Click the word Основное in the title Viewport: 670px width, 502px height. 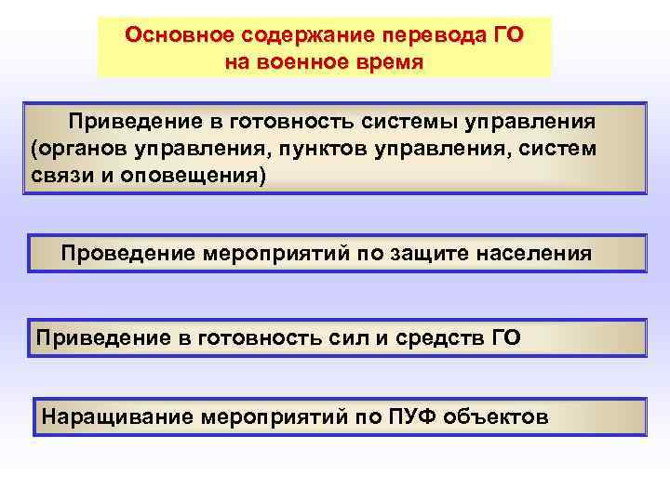[179, 35]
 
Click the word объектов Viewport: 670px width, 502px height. [496, 416]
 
